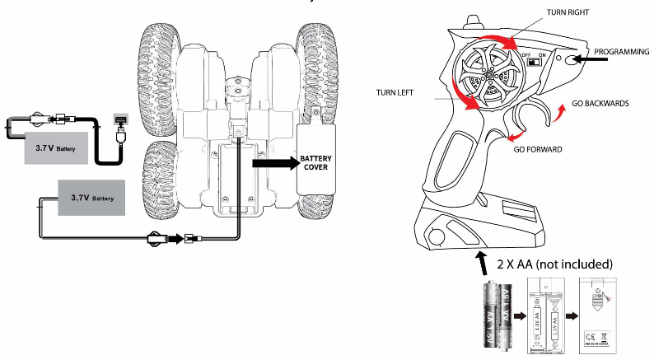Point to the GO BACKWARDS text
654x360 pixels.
[600, 105]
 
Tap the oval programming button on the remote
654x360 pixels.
[568, 59]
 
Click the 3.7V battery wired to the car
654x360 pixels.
[91, 199]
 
